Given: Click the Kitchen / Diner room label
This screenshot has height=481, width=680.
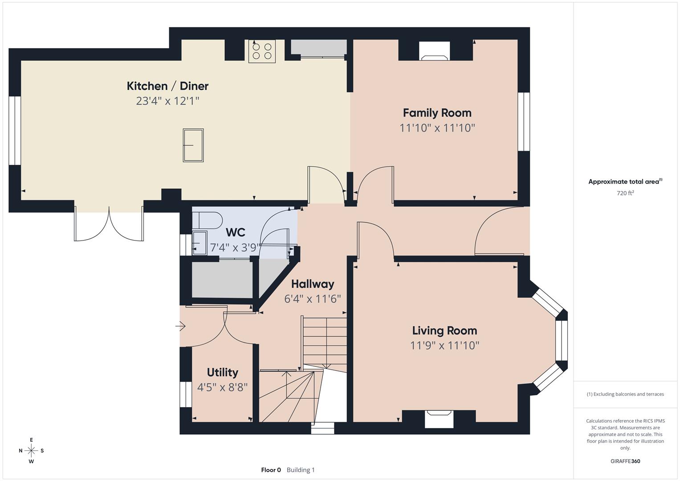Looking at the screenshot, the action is pos(167,86).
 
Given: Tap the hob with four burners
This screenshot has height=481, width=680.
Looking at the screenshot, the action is pos(262,51).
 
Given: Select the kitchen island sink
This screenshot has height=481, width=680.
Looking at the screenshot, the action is pos(193,145).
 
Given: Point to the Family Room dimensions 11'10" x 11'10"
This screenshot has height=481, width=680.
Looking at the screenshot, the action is pos(437,128).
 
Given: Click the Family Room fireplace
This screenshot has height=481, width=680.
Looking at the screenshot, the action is pos(435,51).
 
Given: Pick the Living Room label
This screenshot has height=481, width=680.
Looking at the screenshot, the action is pos(444,330).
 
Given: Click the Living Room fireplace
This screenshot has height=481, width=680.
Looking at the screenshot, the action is pos(439,419).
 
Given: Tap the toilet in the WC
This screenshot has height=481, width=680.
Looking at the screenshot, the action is pos(208,220).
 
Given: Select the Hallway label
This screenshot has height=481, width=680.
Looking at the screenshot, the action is pos(313,284).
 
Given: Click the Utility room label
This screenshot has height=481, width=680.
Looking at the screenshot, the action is pos(223,372).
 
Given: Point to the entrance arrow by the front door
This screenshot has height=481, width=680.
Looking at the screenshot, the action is pos(180,326).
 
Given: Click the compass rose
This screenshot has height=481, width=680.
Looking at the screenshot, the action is pos(31,451).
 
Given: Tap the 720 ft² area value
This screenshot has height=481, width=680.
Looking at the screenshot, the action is pos(625,193).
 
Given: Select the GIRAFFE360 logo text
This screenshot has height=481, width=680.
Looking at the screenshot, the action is pos(625,461).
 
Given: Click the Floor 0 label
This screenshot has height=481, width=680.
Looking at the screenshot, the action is pos(271,470).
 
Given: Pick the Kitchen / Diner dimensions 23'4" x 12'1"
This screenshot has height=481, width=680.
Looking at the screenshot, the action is pos(167,101).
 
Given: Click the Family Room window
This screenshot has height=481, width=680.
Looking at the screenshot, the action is pos(524,122).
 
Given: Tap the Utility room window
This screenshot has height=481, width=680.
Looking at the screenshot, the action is pos(186,394).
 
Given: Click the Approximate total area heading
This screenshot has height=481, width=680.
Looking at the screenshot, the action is pos(625,181).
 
